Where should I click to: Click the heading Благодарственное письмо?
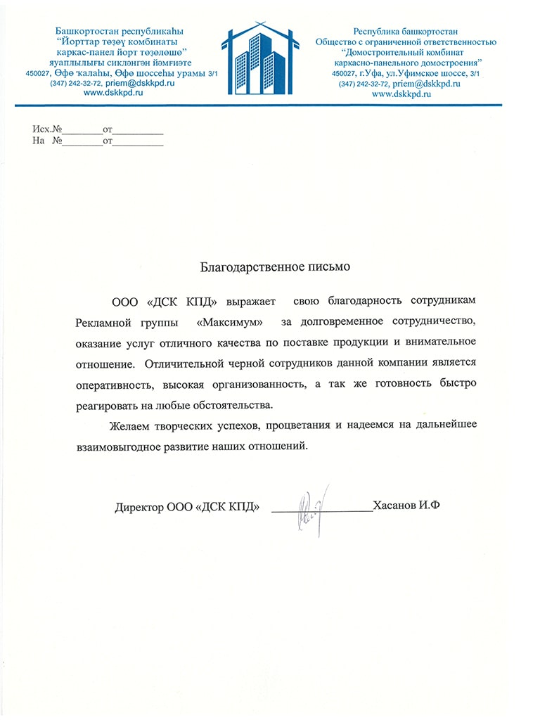pos(275,267)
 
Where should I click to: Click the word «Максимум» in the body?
pos(231,322)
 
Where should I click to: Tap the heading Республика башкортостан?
pos(406,31)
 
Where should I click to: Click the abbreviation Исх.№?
pos(48,130)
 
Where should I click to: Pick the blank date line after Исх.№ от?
pos(139,131)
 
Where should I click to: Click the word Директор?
pos(139,506)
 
